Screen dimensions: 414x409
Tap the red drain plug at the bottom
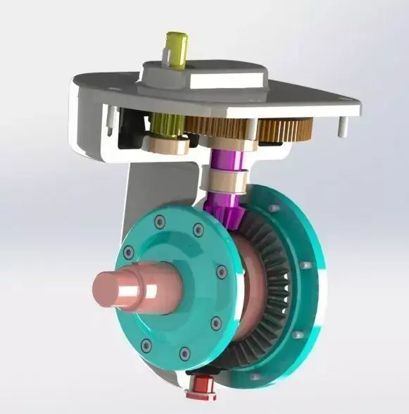pyautogui.click(x=203, y=386)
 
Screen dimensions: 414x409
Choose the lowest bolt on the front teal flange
pyautogui.click(x=185, y=353)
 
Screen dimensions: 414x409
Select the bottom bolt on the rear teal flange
pyautogui.click(x=255, y=377)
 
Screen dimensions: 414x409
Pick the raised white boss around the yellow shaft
pyautogui.click(x=204, y=74)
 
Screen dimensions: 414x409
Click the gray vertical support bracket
pyautogui.click(x=144, y=190)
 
